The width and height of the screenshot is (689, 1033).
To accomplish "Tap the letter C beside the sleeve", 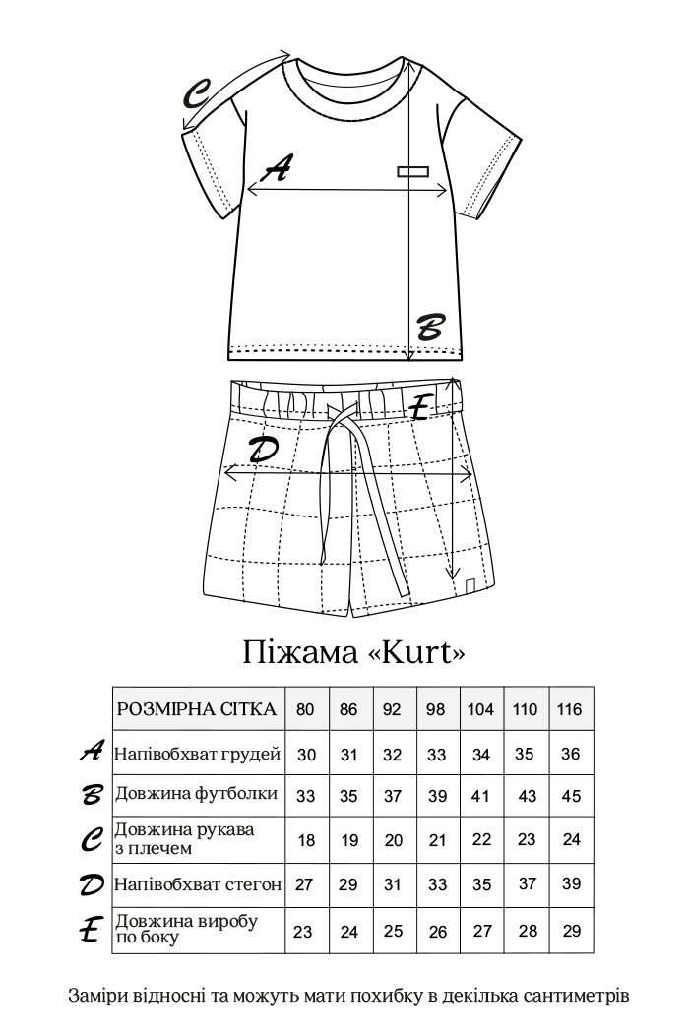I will [x=198, y=96].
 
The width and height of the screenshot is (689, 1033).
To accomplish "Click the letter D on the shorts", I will [x=263, y=450].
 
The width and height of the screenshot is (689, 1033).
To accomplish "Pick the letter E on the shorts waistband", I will [x=421, y=406].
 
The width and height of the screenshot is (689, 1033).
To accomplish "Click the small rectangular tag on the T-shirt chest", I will [x=413, y=171].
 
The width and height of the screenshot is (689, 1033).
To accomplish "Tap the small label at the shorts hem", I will [x=470, y=587].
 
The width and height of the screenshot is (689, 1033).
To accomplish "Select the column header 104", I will [x=481, y=709].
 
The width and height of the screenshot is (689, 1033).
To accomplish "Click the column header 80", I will [x=306, y=709].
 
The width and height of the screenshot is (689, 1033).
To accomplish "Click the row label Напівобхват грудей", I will [x=198, y=755].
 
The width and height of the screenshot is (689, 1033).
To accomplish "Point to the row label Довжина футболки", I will [x=196, y=794].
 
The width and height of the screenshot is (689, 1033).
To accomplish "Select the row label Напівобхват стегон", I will [x=198, y=883].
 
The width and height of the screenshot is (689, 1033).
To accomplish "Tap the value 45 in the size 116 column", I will [x=571, y=796].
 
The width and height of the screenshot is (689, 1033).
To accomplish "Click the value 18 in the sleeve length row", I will [x=306, y=839].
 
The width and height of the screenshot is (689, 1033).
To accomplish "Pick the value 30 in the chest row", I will [x=306, y=755].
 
